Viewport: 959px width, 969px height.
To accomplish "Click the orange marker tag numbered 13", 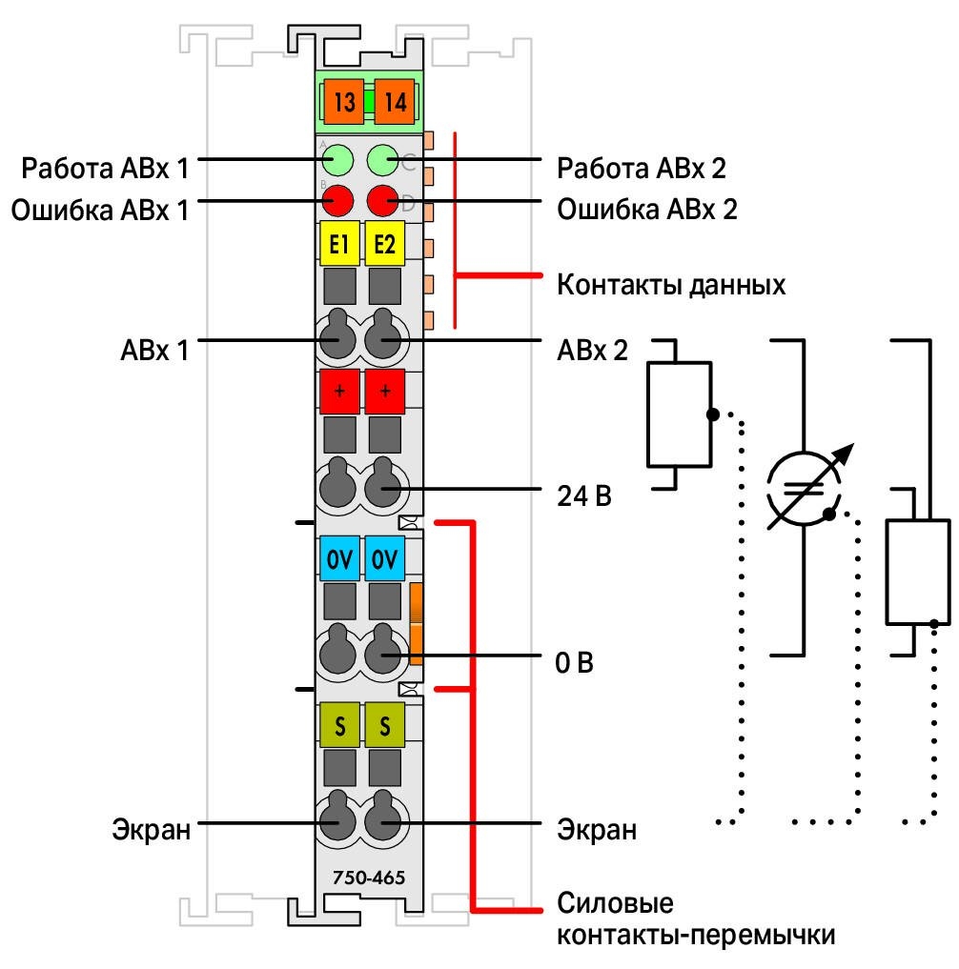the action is pyautogui.click(x=344, y=101).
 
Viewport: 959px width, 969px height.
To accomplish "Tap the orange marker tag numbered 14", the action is pyautogui.click(x=395, y=101).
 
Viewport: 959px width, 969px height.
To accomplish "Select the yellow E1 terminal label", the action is pyautogui.click(x=338, y=244).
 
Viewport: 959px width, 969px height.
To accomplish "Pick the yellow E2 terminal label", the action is pyautogui.click(x=384, y=244).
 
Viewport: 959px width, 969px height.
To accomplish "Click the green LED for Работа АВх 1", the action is pyautogui.click(x=337, y=161).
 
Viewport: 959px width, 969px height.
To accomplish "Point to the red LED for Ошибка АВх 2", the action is pyautogui.click(x=382, y=200).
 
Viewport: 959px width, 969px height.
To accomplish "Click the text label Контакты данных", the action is pyautogui.click(x=671, y=285).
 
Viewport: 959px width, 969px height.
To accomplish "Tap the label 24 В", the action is pyautogui.click(x=584, y=495).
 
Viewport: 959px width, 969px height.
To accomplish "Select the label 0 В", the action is pyautogui.click(x=575, y=662).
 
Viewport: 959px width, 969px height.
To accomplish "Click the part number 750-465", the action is pyautogui.click(x=369, y=878).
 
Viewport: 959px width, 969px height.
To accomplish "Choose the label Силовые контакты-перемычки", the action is pyautogui.click(x=696, y=919).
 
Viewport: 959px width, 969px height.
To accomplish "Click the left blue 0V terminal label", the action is pyautogui.click(x=339, y=558).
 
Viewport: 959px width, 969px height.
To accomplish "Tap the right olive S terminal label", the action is pyautogui.click(x=384, y=725).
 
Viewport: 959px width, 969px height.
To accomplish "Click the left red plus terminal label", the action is pyautogui.click(x=339, y=392).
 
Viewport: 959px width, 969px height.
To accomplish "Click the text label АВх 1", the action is pyautogui.click(x=154, y=350).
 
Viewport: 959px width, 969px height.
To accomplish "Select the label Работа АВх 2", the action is pyautogui.click(x=642, y=168).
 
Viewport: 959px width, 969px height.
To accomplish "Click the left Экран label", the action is pyautogui.click(x=152, y=829).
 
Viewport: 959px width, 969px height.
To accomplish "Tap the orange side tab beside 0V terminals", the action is pyautogui.click(x=417, y=623).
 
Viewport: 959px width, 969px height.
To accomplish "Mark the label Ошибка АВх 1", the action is pyautogui.click(x=99, y=211).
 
